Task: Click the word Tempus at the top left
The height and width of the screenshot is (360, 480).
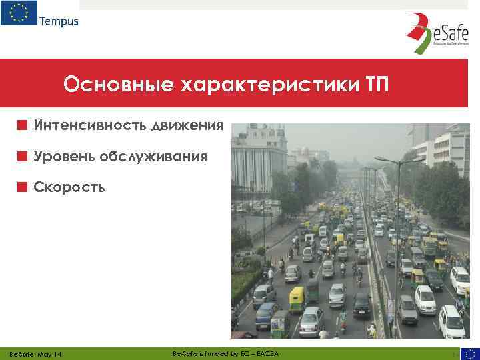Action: click(59, 21)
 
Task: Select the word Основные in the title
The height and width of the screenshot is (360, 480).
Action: click(114, 85)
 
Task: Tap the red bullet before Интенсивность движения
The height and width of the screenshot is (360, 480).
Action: click(23, 125)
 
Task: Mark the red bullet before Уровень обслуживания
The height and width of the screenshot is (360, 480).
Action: click(23, 157)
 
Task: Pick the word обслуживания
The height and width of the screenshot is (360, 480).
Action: click(153, 157)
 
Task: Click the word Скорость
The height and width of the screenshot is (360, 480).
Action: click(69, 187)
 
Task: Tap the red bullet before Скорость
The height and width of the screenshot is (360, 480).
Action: click(23, 187)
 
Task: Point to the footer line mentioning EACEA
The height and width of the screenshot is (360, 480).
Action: click(226, 353)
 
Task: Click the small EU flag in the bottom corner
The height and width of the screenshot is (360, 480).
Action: click(470, 353)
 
